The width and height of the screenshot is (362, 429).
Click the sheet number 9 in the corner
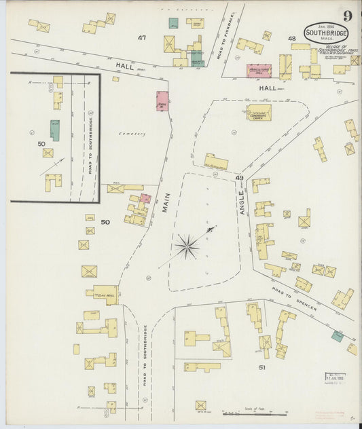[x=347, y=16]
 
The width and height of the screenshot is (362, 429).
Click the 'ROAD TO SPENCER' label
[x=294, y=299]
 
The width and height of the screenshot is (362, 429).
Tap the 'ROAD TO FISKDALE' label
[x=231, y=33]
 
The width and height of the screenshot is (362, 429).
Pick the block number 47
[x=141, y=38]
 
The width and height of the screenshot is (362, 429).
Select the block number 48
[x=292, y=39]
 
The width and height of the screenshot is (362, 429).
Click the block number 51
[x=261, y=367]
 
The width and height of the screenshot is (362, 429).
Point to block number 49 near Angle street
[x=239, y=178]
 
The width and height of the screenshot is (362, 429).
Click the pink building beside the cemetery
[x=162, y=101]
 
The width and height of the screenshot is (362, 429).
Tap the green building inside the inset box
[x=54, y=130]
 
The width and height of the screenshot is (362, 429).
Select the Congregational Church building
[x=258, y=113]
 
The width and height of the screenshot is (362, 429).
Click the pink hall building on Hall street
[x=258, y=71]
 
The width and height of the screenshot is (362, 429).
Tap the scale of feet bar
[x=255, y=412]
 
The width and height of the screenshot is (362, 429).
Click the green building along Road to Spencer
[x=337, y=335]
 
